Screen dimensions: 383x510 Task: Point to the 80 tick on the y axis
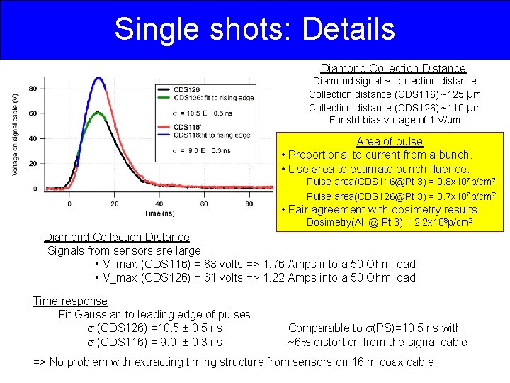click(x=33, y=89)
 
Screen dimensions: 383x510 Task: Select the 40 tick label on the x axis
click(x=159, y=204)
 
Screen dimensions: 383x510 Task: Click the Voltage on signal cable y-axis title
click(x=15, y=135)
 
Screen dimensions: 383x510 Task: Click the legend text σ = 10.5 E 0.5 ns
click(x=193, y=113)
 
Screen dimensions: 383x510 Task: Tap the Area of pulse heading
click(x=389, y=142)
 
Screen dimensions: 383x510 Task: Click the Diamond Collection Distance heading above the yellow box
click(x=393, y=69)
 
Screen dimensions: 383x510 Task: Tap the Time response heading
click(x=70, y=301)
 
